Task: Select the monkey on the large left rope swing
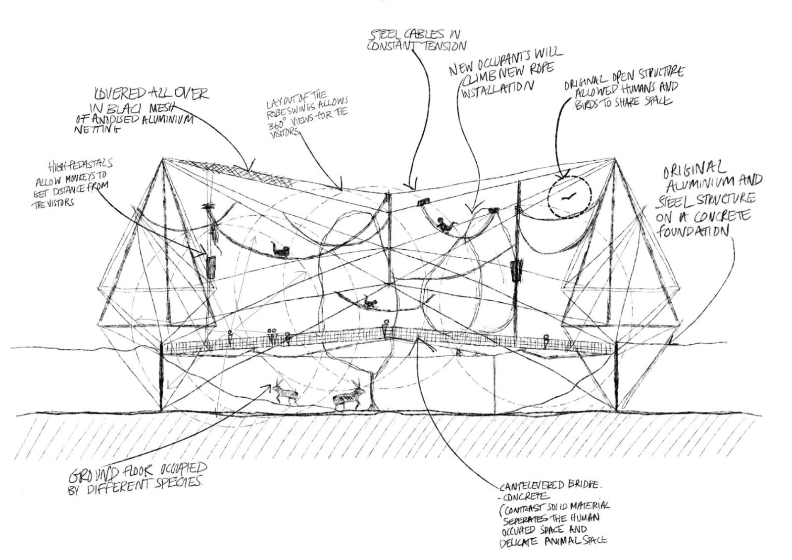tap(281, 250)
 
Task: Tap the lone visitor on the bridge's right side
tap(546, 341)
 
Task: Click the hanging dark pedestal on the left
tap(211, 268)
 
